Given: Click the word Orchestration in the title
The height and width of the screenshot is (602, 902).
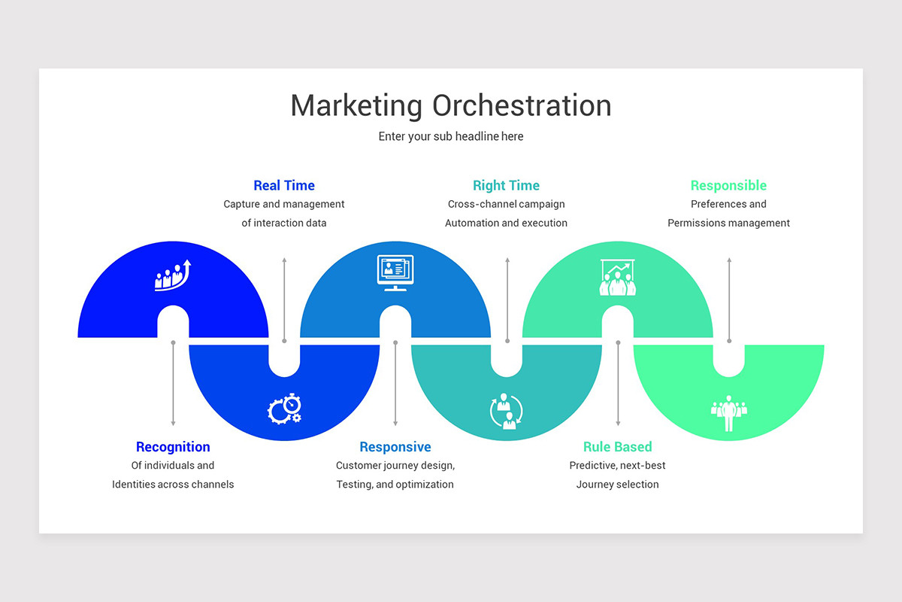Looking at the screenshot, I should tap(522, 105).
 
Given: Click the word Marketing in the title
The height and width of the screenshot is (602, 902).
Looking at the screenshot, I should tap(357, 105).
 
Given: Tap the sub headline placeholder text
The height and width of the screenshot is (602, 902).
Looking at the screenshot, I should tap(451, 136).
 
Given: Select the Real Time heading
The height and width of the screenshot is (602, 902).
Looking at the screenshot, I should tap(284, 185).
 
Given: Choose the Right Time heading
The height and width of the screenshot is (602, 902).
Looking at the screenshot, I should tap(506, 185).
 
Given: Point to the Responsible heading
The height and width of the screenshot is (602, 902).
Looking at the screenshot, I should tap(728, 185).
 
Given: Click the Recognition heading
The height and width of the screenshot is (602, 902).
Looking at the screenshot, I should tap(173, 447).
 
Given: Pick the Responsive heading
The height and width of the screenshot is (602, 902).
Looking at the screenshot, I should tap(395, 447).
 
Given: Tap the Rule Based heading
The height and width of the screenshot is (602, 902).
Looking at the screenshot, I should tap(618, 447).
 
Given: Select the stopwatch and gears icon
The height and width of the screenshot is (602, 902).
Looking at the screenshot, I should tap(284, 409).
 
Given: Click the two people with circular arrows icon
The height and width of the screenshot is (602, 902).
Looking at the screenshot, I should tap(506, 411).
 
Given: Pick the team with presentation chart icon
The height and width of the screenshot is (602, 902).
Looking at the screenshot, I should tap(617, 278).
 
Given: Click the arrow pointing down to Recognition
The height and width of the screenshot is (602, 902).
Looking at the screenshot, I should tap(173, 384).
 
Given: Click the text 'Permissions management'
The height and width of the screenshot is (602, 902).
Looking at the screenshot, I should tap(728, 223).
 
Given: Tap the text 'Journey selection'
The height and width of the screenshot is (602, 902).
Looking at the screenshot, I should tap(618, 485).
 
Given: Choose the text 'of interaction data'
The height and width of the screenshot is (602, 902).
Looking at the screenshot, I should tap(284, 223).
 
